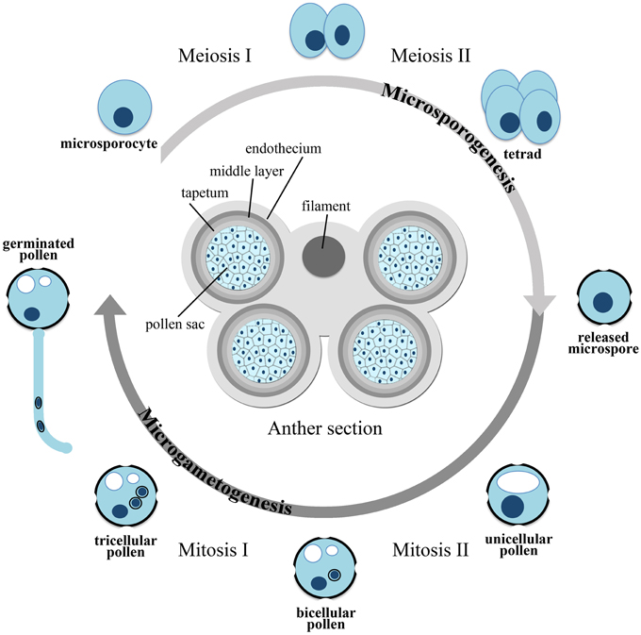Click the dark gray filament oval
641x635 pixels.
coord(323,257)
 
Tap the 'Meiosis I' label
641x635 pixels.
coord(215,56)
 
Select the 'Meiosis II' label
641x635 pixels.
coord(431,56)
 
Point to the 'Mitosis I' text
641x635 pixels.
coord(213,549)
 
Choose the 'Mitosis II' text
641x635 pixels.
coord(431,549)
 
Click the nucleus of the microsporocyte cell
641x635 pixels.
coord(123,117)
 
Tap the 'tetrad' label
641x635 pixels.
coord(522,154)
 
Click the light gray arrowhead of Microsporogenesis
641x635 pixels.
coord(539,305)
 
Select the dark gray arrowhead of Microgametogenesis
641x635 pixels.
coord(110,305)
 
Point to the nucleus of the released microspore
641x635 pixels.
coord(602,302)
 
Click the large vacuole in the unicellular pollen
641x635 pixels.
coord(518,482)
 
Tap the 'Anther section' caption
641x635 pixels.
coord(325,428)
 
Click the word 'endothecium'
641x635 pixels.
coord(283,148)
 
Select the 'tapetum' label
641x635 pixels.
coord(205,192)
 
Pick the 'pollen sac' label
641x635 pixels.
coord(175,325)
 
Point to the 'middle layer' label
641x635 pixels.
coord(247,171)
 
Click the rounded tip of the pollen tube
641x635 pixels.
coord(67,448)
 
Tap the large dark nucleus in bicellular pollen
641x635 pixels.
coord(319,583)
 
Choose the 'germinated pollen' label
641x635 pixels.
coord(39,249)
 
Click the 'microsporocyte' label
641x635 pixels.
coord(108,144)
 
